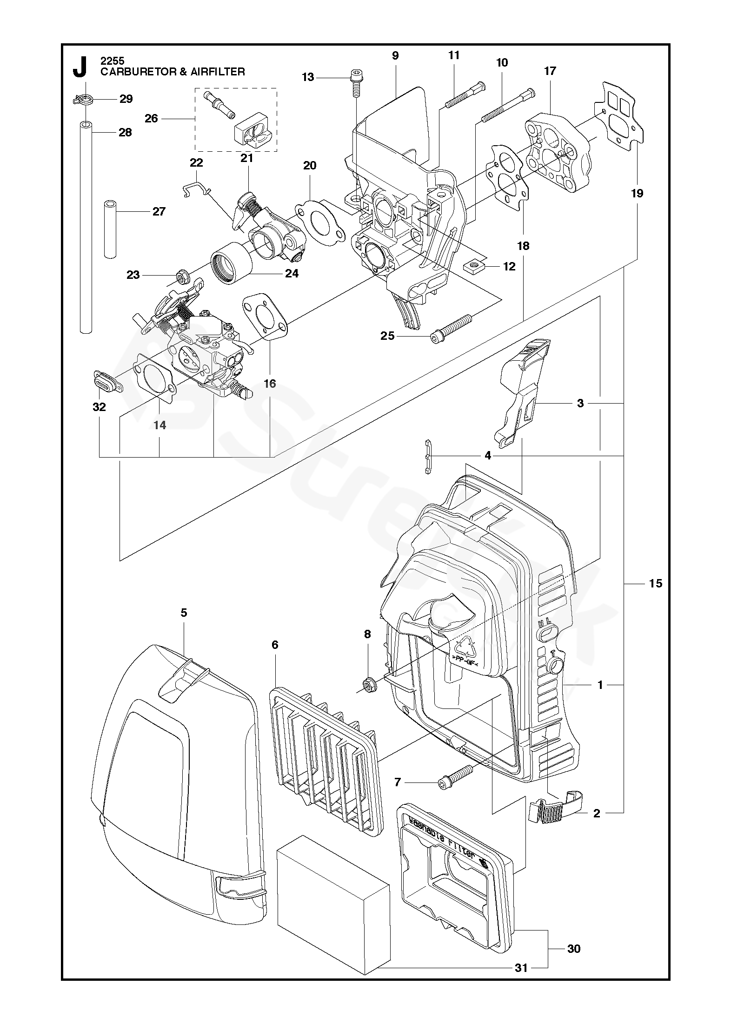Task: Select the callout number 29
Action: click(x=126, y=99)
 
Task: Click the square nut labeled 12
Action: click(x=475, y=266)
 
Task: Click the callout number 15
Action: click(x=655, y=583)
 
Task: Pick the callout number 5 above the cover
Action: click(x=184, y=613)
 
